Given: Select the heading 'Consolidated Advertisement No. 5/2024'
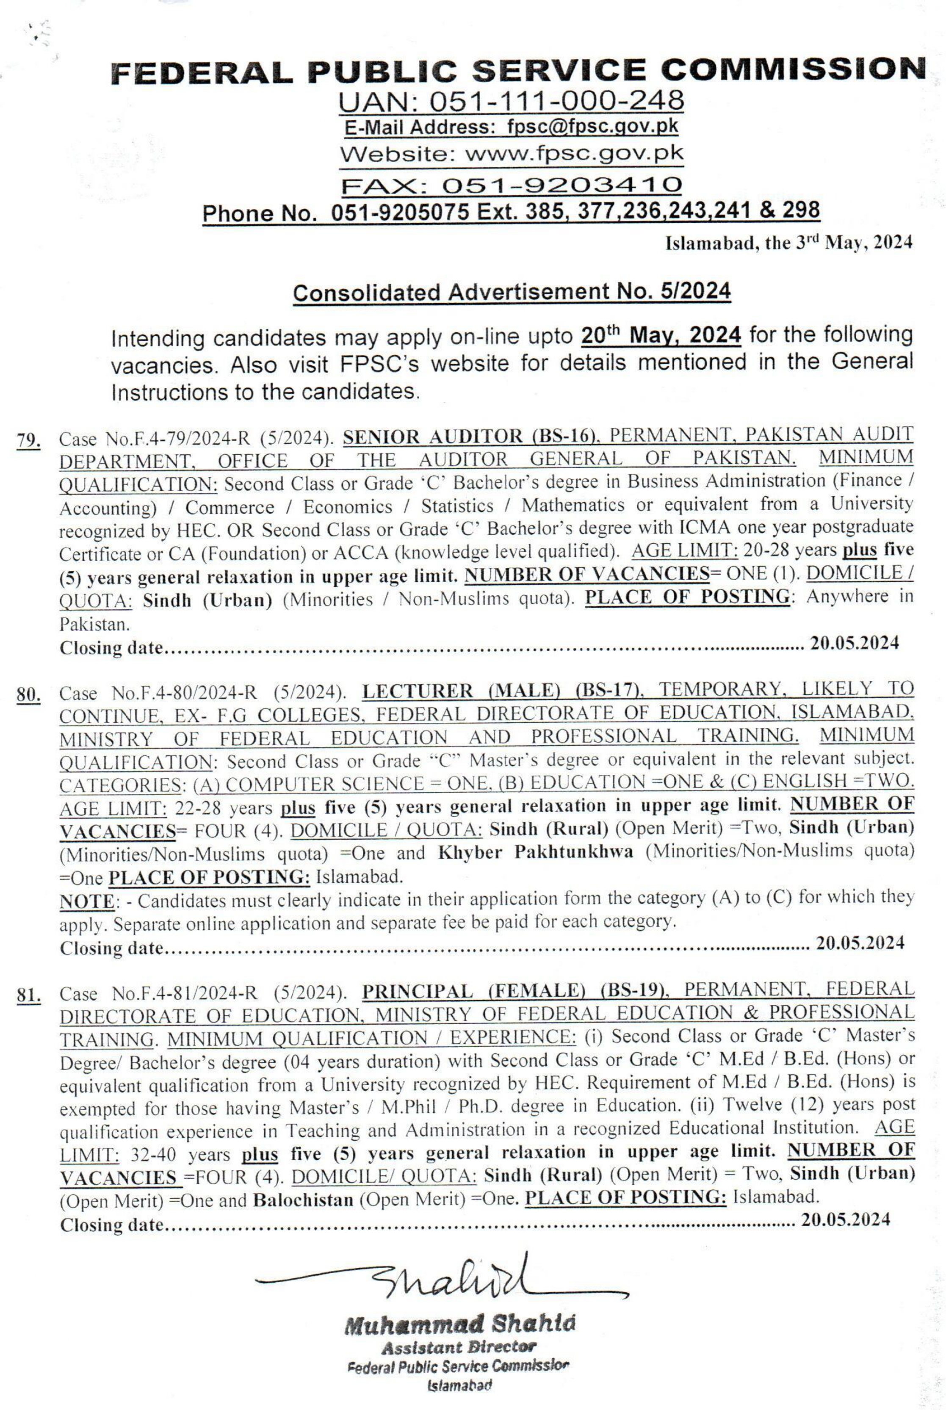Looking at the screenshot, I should point(512,292).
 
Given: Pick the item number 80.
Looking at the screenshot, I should point(28,695).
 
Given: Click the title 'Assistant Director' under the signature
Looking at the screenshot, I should point(459,1346).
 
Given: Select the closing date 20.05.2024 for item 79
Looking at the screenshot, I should point(854,643).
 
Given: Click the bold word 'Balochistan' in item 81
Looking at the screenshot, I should point(303,1200).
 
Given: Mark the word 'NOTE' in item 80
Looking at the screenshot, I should point(86,901).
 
